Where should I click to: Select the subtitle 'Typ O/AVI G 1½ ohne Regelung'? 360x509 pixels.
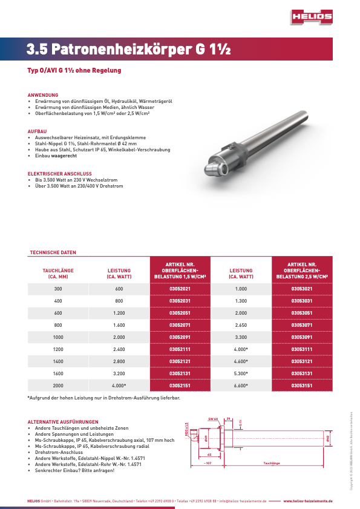tap(74, 70)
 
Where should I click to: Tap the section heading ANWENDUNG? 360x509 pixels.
tap(43, 95)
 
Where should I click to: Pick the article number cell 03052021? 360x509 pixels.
tap(180, 289)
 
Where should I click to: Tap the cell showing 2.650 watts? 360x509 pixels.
tap(241, 324)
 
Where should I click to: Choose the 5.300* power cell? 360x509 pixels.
tap(241, 373)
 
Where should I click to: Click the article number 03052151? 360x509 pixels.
tap(180, 385)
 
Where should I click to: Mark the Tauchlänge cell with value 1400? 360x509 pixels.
tap(58, 361)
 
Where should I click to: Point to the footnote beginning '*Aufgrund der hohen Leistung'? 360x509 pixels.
tap(103, 398)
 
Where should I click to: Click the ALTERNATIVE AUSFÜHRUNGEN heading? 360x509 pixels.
tap(63, 421)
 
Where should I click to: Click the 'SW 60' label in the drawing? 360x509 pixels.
tap(212, 419)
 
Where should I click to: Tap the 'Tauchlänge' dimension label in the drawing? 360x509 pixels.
tap(272, 463)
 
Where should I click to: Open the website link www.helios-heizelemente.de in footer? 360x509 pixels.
tap(308, 502)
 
